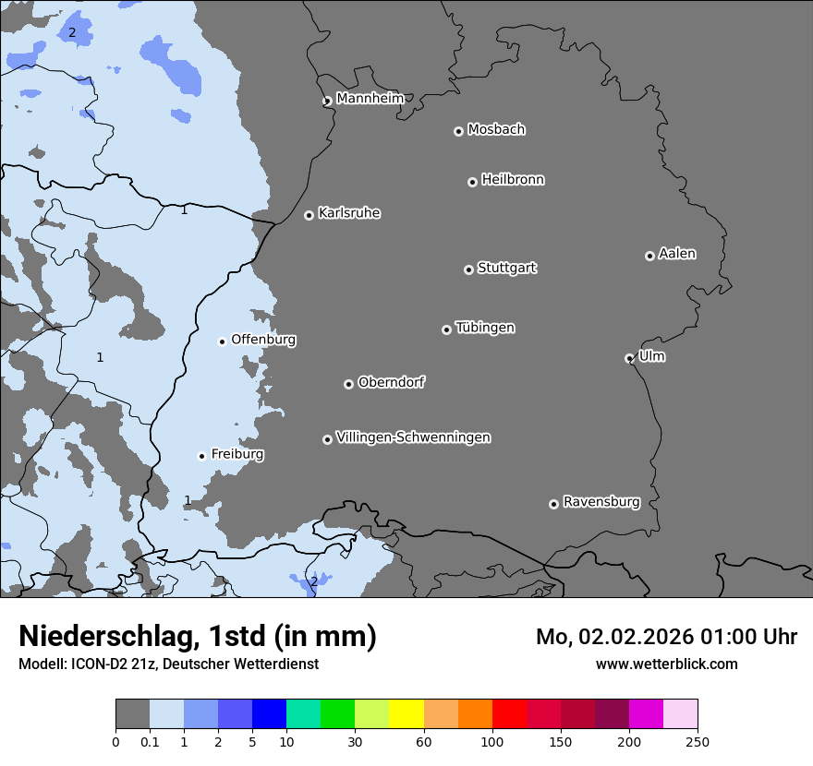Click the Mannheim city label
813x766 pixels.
(x=370, y=99)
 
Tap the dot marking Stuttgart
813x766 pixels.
(x=468, y=269)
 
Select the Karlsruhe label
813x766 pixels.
(x=348, y=213)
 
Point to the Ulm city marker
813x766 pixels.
(x=629, y=358)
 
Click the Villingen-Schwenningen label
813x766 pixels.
(x=413, y=437)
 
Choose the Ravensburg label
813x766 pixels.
(x=601, y=502)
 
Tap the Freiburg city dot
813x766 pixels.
(x=201, y=456)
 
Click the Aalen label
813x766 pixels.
(x=676, y=254)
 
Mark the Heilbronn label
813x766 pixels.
(x=513, y=180)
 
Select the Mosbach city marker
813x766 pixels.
(x=458, y=131)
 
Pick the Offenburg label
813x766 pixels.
(x=263, y=340)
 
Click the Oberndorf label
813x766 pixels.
(x=391, y=382)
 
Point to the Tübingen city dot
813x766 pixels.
(x=446, y=329)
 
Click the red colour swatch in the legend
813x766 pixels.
(x=509, y=714)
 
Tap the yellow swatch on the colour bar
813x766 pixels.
(x=406, y=714)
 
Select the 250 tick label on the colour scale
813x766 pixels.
(x=698, y=741)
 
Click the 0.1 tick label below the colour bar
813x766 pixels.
(x=150, y=741)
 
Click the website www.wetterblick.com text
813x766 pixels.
(x=666, y=664)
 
